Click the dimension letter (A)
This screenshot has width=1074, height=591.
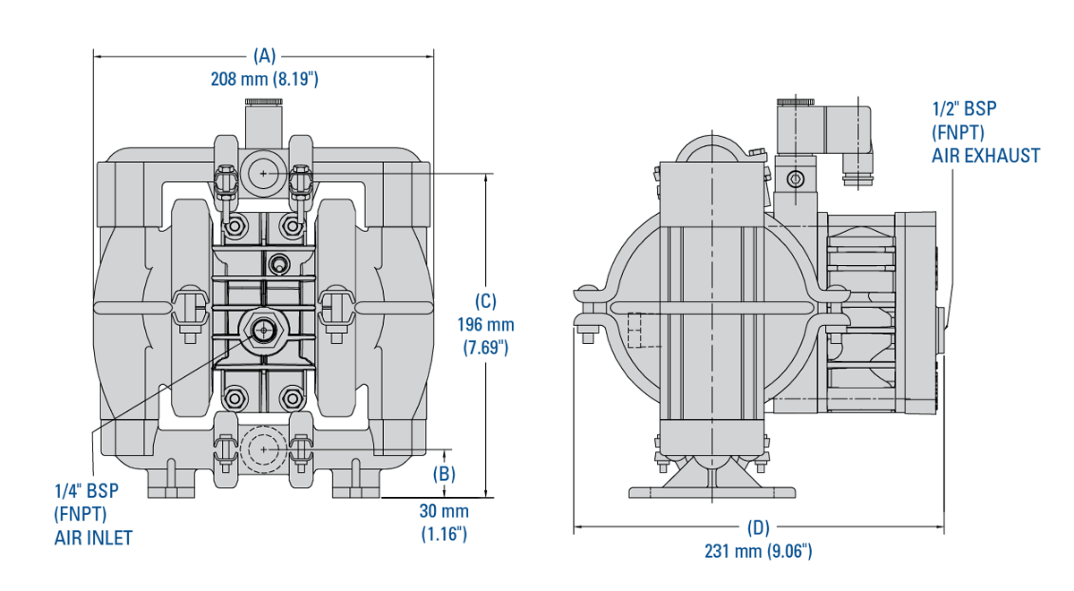pyautogui.click(x=264, y=56)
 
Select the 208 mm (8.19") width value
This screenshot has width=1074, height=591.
pyautogui.click(x=264, y=79)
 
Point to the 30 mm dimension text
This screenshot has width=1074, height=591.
pyautogui.click(x=444, y=511)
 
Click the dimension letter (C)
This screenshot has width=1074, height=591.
pyautogui.click(x=484, y=302)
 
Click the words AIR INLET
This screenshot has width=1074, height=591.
pyautogui.click(x=93, y=537)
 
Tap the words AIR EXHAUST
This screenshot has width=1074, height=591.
pyautogui.click(x=986, y=156)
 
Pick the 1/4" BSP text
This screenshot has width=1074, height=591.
pyautogui.click(x=86, y=491)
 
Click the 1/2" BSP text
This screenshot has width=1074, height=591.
pyautogui.click(x=963, y=109)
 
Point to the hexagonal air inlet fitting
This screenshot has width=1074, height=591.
pyautogui.click(x=263, y=330)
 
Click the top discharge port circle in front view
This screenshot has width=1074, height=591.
pyautogui.click(x=263, y=172)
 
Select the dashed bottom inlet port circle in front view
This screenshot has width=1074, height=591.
pyautogui.click(x=263, y=448)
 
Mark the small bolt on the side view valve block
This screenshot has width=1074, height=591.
pyautogui.click(x=793, y=180)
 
